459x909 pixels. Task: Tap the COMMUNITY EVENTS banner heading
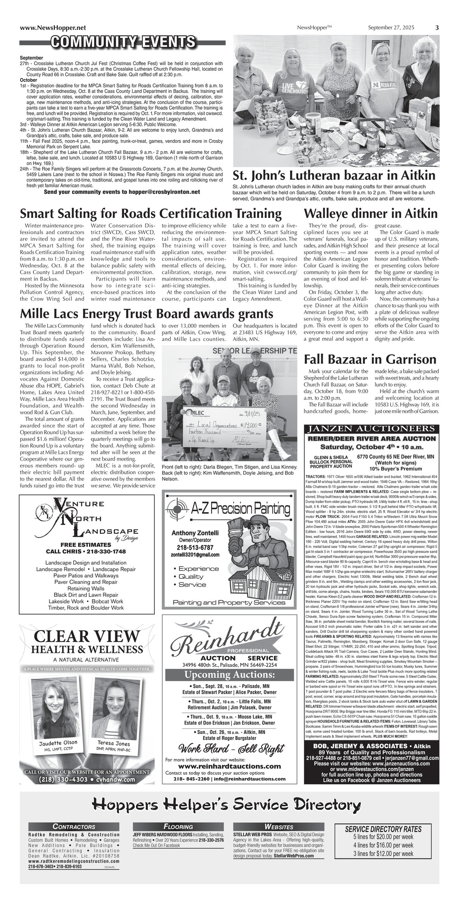coord(123,43)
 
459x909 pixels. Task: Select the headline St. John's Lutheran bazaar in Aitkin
coord(334,176)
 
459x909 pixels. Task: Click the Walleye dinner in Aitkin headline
coord(370,214)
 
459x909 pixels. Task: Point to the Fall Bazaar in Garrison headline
coord(370,359)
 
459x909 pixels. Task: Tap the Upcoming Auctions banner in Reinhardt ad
coord(229,675)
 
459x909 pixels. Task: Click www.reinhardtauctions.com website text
coord(229,766)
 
